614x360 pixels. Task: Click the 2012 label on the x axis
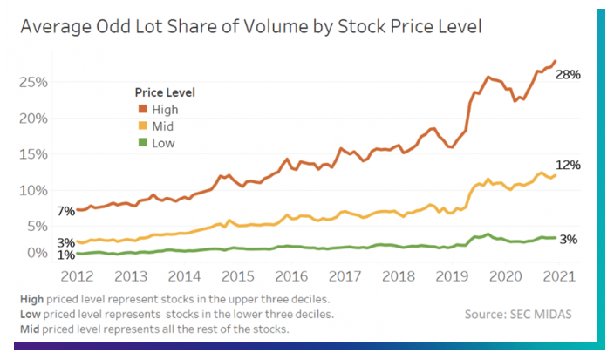78,276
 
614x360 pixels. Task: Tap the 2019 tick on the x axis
453,276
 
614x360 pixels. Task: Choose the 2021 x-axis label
559,276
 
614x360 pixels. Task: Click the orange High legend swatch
142,109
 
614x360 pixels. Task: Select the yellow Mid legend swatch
142,126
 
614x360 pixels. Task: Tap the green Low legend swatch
142,143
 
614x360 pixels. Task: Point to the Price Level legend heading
165,92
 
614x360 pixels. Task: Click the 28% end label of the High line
568,75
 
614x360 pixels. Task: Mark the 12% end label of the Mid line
569,165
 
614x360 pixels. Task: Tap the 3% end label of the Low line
568,240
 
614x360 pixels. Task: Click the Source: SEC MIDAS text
518,314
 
